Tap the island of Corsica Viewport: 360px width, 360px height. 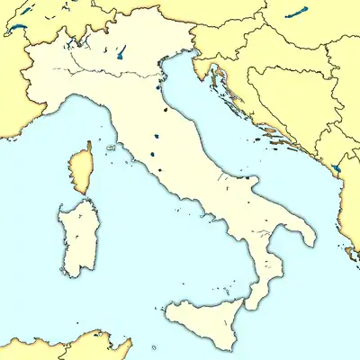(81, 169)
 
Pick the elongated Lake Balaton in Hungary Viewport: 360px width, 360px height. (294, 15)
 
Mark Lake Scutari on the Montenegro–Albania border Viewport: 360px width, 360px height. (337, 167)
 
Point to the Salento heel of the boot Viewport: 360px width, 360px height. (306, 234)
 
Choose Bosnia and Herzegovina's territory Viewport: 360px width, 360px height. (288, 99)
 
